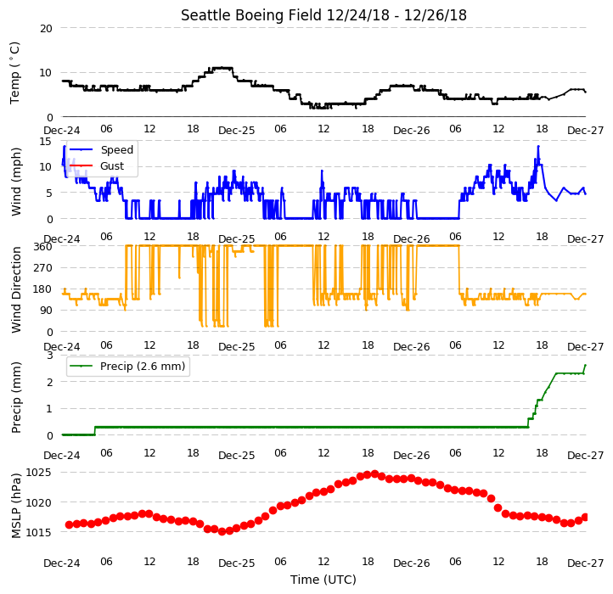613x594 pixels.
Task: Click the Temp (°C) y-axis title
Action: (x=14, y=73)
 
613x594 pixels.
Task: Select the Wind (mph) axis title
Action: (x=15, y=182)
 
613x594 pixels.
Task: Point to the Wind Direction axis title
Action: (x=15, y=289)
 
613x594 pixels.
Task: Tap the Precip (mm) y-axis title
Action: (x=15, y=397)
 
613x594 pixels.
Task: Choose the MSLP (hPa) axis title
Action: (x=15, y=506)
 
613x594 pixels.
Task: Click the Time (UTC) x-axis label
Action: (x=323, y=579)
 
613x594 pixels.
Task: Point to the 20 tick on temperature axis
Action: (x=46, y=29)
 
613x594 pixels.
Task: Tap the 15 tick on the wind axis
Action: (x=46, y=141)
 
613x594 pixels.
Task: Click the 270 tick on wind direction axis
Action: (x=43, y=267)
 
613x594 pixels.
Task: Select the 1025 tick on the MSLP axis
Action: (x=38, y=473)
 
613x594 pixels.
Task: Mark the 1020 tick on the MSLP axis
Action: (x=38, y=502)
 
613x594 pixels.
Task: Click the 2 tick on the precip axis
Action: (x=49, y=382)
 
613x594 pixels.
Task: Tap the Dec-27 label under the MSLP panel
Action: (x=585, y=563)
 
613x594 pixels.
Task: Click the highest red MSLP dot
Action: (x=374, y=474)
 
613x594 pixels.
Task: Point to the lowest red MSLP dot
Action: (x=222, y=531)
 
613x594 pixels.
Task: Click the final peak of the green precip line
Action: (x=585, y=365)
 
